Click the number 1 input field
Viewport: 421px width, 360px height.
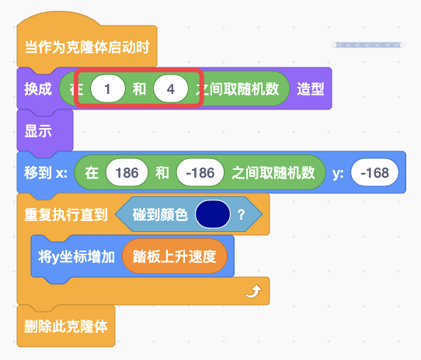pyautogui.click(x=108, y=88)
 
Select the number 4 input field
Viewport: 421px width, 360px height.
pyautogui.click(x=171, y=88)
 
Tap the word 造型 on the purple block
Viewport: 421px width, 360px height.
pyautogui.click(x=311, y=88)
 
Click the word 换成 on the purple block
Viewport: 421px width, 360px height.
pyautogui.click(x=38, y=88)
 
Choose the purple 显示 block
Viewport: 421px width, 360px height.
pyautogui.click(x=45, y=130)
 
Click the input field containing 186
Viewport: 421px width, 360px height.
pyautogui.click(x=127, y=172)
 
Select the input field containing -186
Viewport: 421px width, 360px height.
pyautogui.click(x=200, y=172)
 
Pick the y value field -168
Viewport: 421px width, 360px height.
pyautogui.click(x=374, y=172)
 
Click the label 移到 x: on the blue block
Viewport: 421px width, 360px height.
pyautogui.click(x=46, y=172)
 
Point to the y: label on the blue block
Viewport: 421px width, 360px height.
pyautogui.click(x=338, y=173)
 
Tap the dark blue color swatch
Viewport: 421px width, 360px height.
pyautogui.click(x=213, y=214)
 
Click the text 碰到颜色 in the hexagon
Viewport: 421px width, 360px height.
pyautogui.click(x=160, y=215)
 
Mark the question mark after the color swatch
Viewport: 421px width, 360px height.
pyautogui.click(x=241, y=215)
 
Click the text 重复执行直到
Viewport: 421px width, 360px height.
pyautogui.click(x=66, y=215)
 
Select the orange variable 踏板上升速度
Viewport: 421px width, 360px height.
pyautogui.click(x=175, y=256)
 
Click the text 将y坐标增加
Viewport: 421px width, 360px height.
pyautogui.click(x=77, y=257)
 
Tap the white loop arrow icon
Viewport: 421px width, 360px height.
pyautogui.click(x=253, y=291)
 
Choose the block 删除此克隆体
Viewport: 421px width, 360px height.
pyautogui.click(x=66, y=326)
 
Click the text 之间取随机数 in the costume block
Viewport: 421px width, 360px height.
pyautogui.click(x=238, y=88)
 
